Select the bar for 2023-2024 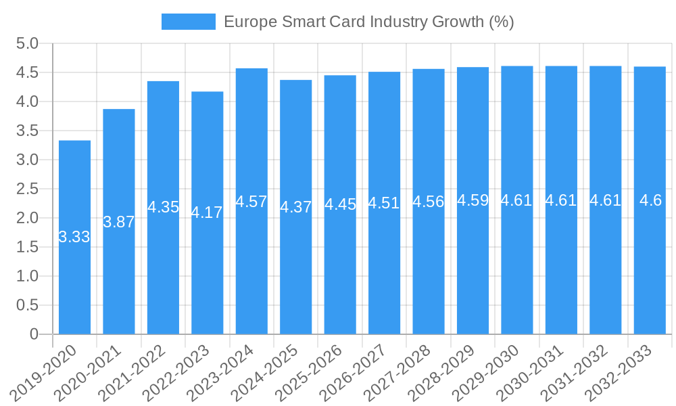coord(251,271)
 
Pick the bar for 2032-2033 coord(650,271)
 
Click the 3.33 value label coord(74,237)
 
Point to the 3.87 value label coord(119,222)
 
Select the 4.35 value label coord(163,207)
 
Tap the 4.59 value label coord(473,200)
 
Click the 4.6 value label coord(650,200)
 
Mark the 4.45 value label coord(340,204)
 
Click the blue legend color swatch coord(188,22)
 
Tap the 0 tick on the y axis coord(34,334)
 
